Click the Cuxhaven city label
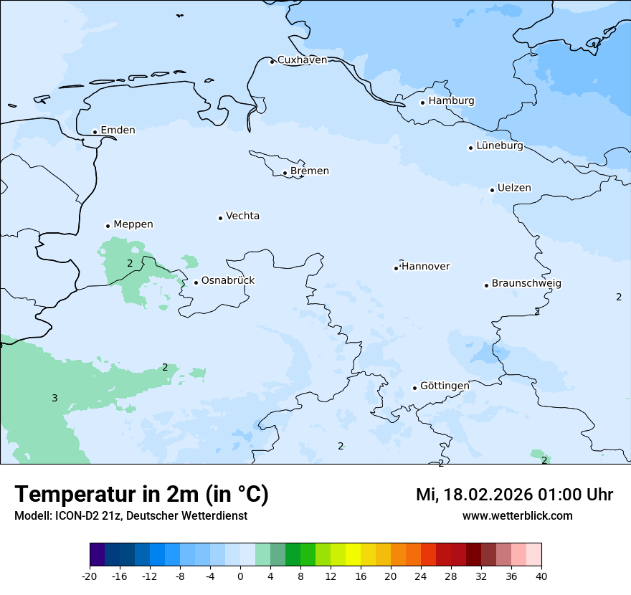tap(302, 60)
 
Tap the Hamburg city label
tap(451, 101)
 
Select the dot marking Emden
tap(95, 132)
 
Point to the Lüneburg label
tap(500, 146)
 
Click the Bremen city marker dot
tap(285, 173)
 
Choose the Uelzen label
tap(514, 189)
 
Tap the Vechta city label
tap(242, 216)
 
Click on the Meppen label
tap(133, 225)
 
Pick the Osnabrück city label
tap(228, 281)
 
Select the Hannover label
tap(425, 267)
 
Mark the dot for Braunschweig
tap(486, 285)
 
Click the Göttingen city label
tap(445, 386)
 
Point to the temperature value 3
tap(54, 399)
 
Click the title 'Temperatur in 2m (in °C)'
tap(141, 495)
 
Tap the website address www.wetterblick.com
tap(517, 516)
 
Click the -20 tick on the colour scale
tap(90, 576)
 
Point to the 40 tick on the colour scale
tap(541, 576)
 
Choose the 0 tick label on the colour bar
tap(240, 576)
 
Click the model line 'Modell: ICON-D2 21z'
tap(69, 516)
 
